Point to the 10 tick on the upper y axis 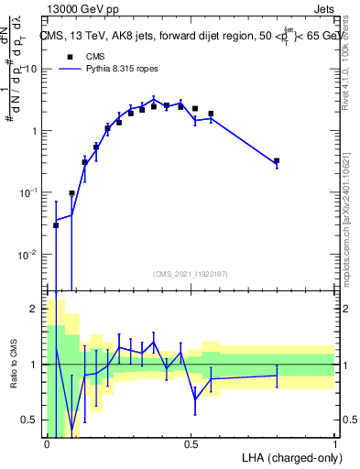coord(28,69)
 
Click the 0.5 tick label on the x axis coord(191,443)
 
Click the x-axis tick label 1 coord(335,443)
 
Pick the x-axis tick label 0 coord(47,443)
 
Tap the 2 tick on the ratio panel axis coord(36,309)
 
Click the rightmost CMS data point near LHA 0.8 coord(277,160)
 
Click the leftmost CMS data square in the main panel coord(56,225)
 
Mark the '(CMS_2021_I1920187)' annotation coord(191,273)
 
